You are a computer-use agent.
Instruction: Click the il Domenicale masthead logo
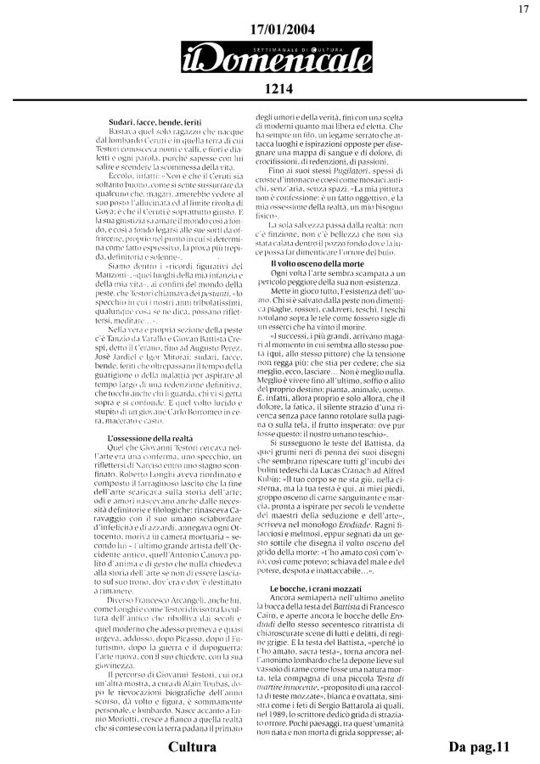point(271,60)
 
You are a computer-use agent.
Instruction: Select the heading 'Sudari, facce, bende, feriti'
point(155,126)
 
